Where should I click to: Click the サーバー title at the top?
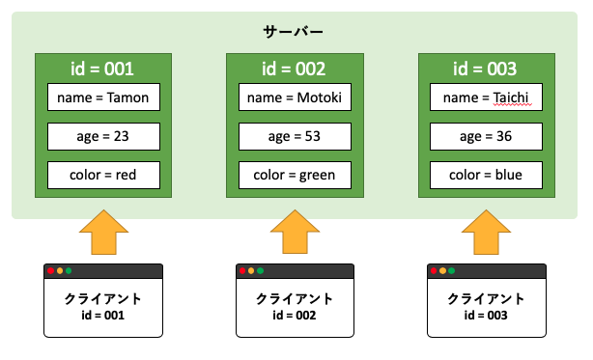[x=295, y=32]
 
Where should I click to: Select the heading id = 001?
[x=103, y=69]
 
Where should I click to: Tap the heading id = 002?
[x=295, y=69]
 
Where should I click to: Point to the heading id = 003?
[x=486, y=69]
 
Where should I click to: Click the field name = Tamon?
[x=103, y=98]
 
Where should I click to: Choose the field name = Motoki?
[x=295, y=98]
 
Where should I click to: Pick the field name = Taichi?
[x=486, y=98]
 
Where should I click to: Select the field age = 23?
[x=103, y=137]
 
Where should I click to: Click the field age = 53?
[x=295, y=137]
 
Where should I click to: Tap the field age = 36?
[x=486, y=137]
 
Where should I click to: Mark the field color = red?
[x=103, y=176]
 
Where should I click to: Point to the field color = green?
[x=295, y=176]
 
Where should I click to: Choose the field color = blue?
[x=486, y=176]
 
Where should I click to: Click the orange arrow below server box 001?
[x=103, y=234]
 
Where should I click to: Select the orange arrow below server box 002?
[x=295, y=234]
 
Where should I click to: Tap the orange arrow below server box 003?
[x=486, y=234]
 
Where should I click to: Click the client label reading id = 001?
[x=103, y=316]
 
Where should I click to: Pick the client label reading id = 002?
[x=295, y=316]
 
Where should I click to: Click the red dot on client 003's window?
[x=435, y=271]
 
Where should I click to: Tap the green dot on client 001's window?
[x=70, y=271]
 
